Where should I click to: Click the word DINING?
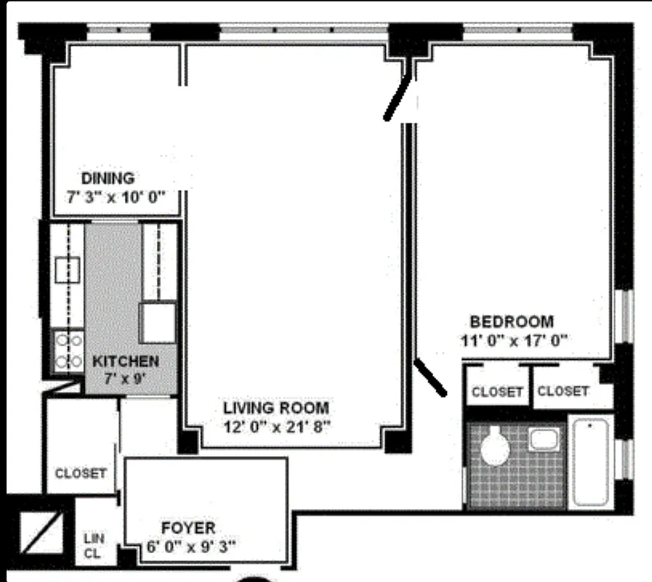[108, 178]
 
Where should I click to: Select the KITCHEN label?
[125, 361]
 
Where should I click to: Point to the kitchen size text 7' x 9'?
[124, 378]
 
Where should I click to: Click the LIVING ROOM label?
[275, 407]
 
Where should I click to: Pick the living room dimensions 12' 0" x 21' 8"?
[277, 426]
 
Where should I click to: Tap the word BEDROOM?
[512, 322]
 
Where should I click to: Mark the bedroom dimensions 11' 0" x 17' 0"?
[512, 340]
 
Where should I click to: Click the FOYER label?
[188, 527]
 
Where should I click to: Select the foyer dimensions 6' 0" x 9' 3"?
[188, 546]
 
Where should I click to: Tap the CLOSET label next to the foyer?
[81, 473]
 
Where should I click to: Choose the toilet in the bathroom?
[496, 447]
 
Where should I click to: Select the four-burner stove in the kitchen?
[68, 350]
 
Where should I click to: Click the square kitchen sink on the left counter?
[68, 270]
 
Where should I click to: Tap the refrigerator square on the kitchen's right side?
[158, 323]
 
